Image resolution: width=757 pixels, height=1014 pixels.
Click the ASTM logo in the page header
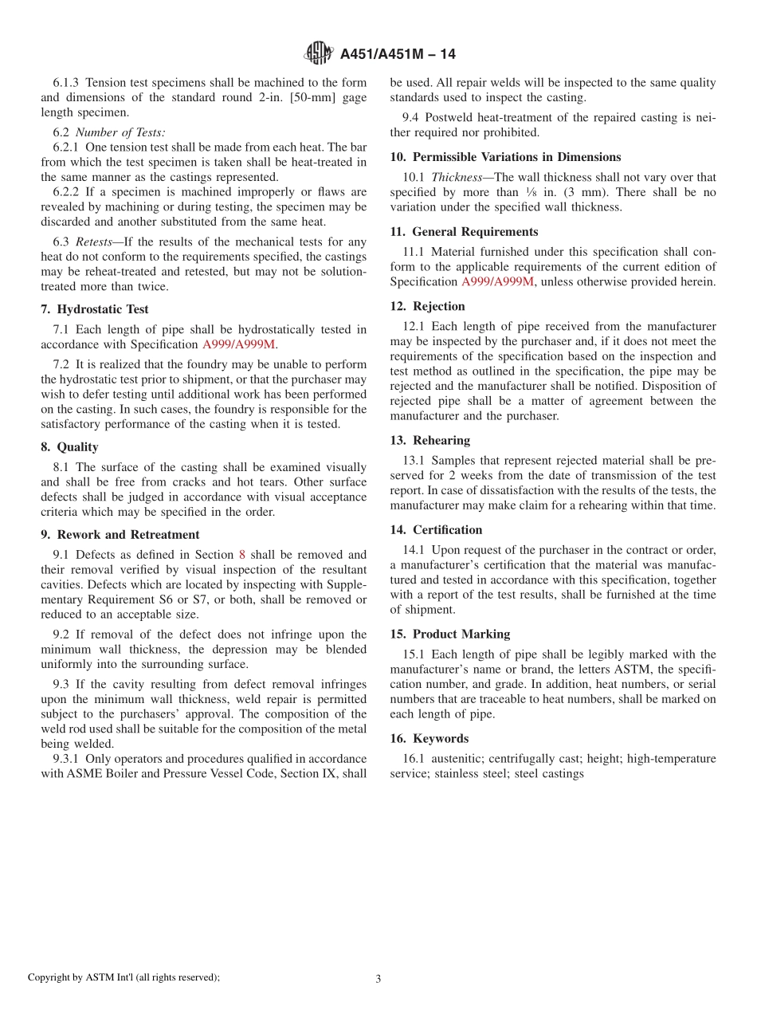coord(319,53)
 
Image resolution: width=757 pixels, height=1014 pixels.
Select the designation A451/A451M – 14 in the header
coord(398,54)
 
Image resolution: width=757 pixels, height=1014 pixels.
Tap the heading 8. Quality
coord(70,447)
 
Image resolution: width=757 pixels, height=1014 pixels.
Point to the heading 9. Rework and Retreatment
coord(120,535)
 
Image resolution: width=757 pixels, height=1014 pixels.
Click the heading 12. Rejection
coord(427,306)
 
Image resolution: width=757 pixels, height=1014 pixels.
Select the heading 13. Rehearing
coord(430,441)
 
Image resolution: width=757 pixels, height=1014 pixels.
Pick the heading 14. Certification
coord(436,530)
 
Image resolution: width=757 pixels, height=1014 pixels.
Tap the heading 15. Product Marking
coord(450,635)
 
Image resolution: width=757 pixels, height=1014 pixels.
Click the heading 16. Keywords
coord(429,739)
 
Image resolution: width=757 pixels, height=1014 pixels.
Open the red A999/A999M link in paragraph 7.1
coord(238,344)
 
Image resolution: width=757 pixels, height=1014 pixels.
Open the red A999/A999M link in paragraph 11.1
coord(498,281)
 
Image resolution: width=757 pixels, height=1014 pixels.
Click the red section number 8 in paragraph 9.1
coord(242,555)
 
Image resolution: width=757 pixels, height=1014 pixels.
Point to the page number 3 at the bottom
coord(378,979)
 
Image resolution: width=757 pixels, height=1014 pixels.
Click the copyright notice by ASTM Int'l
coord(124,977)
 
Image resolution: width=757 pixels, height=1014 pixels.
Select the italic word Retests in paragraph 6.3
coord(93,242)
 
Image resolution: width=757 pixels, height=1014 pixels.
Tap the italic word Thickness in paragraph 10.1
coord(457,178)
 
